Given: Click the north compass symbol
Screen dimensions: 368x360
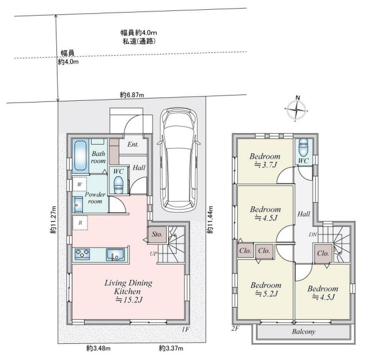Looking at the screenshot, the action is click(297, 108).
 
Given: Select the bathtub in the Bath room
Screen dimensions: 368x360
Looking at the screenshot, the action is click(81, 156).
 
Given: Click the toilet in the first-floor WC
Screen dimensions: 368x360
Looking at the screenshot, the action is click(118, 185).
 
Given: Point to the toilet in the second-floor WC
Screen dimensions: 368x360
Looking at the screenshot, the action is click(303, 147).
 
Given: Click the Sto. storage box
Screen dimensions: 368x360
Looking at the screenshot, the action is click(157, 234).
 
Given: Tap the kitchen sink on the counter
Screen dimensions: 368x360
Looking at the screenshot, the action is click(115, 255).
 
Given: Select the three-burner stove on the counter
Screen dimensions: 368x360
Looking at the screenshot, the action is click(82, 254).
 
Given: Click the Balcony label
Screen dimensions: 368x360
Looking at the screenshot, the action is click(303, 332).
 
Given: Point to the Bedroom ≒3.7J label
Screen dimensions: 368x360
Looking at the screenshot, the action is click(265, 160).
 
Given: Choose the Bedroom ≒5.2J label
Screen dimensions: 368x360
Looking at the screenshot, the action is click(266, 289).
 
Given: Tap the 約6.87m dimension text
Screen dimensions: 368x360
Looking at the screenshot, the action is click(132, 95).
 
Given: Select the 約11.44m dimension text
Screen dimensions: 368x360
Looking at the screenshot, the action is click(210, 219).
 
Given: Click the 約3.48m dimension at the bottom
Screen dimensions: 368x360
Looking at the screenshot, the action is click(98, 348).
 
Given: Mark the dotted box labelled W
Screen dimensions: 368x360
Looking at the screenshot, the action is click(79, 184).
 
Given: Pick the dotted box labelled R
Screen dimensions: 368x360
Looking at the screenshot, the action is click(80, 223).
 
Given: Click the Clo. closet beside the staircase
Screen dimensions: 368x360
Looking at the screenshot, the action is click(323, 253).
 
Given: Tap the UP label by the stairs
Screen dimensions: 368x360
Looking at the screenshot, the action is click(154, 253).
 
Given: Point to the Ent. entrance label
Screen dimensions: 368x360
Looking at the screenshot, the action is click(133, 145).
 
